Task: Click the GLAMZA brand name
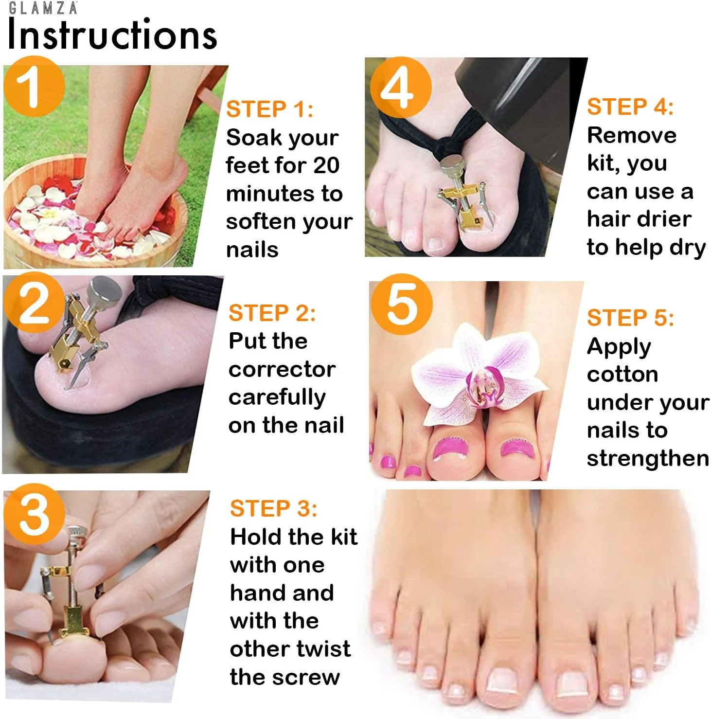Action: [43, 8]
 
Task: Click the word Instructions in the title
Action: [112, 35]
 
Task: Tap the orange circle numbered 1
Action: [34, 86]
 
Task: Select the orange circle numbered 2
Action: [34, 302]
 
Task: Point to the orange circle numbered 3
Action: [34, 514]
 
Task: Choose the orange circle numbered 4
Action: [401, 87]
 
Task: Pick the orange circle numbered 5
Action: [402, 304]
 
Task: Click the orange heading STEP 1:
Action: [270, 109]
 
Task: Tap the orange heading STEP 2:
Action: [272, 313]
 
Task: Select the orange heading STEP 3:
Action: [274, 508]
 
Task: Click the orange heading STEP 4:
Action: [630, 107]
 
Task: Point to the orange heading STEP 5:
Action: [631, 318]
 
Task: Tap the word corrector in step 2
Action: [282, 369]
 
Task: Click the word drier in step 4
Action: [664, 219]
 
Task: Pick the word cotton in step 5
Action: [622, 375]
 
